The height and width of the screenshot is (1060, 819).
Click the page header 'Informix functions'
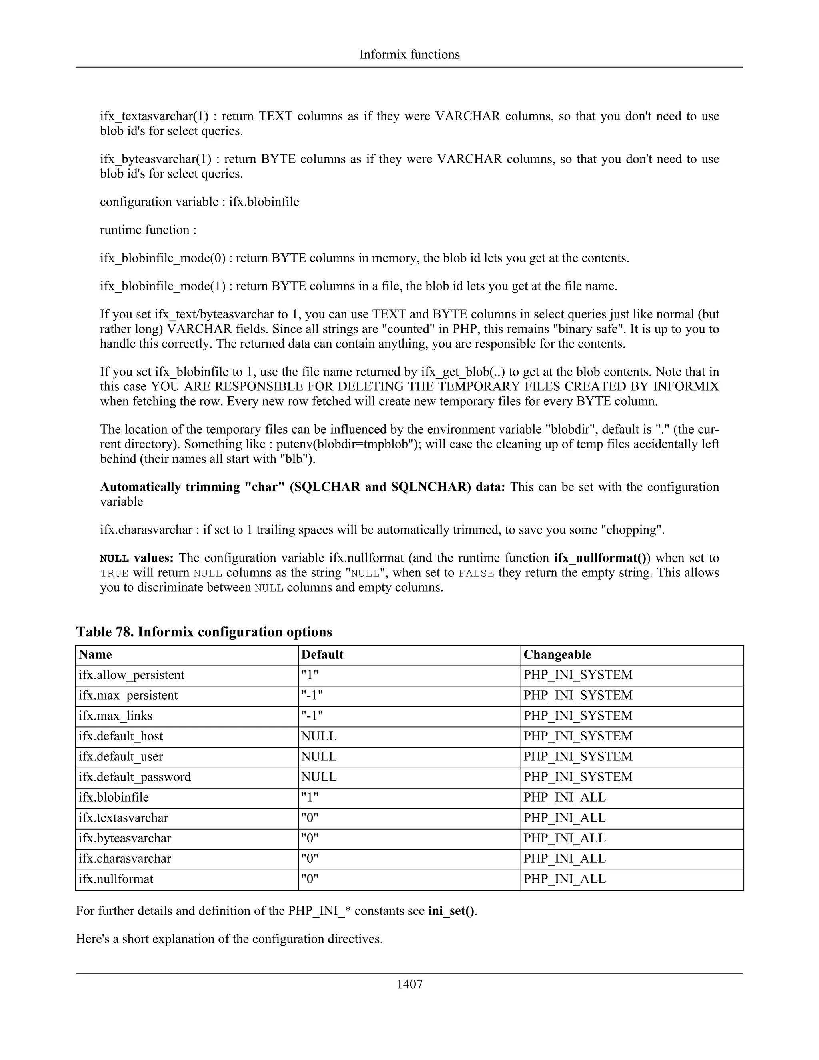coord(409,54)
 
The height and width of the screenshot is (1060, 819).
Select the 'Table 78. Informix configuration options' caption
coord(204,632)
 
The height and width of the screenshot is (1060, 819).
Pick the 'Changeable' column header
coord(557,654)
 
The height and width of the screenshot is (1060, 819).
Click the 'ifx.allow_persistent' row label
coord(132,675)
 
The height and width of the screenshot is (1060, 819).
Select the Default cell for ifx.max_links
coord(312,716)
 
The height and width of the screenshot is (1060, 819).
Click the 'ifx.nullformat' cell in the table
coord(116,878)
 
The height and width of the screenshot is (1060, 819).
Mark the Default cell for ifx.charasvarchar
coord(310,858)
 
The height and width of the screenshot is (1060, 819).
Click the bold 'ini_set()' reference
coord(451,910)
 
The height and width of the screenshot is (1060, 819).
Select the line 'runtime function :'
coord(148,230)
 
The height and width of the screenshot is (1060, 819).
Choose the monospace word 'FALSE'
coord(476,573)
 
